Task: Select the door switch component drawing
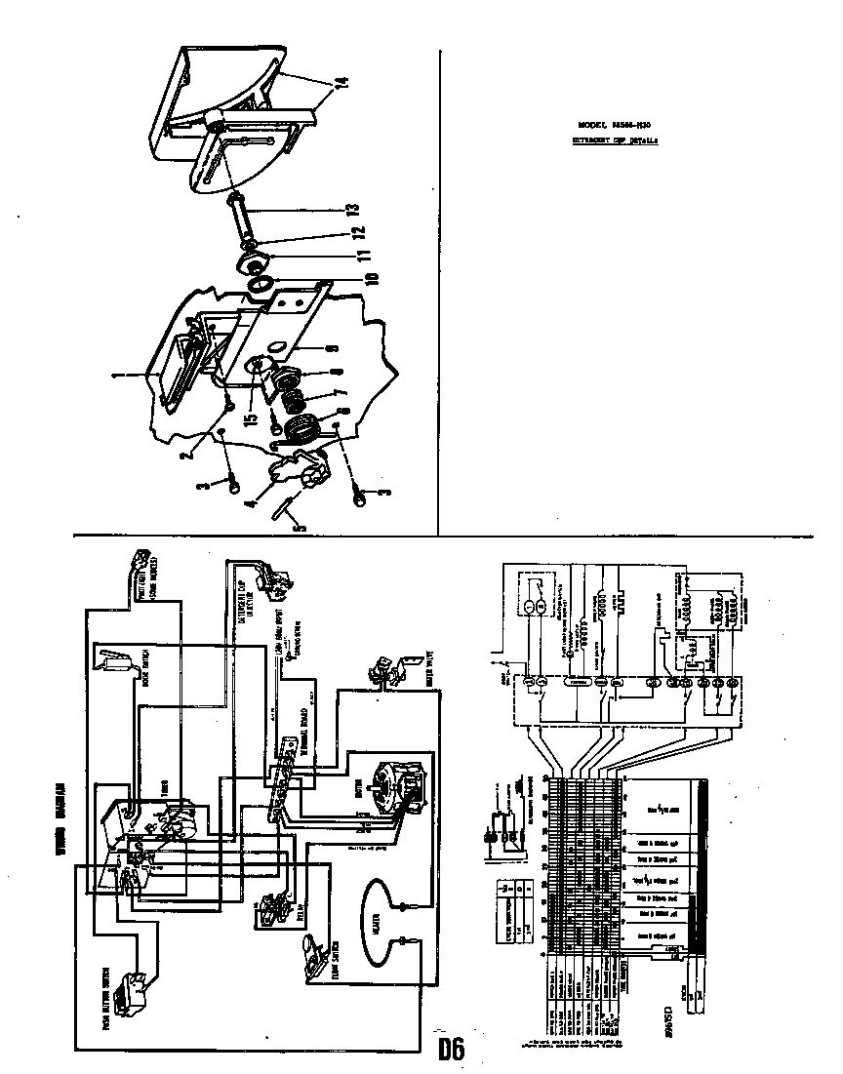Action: pyautogui.click(x=111, y=659)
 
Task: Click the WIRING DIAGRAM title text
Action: pyautogui.click(x=60, y=816)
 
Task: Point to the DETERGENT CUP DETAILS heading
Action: pyautogui.click(x=614, y=140)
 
